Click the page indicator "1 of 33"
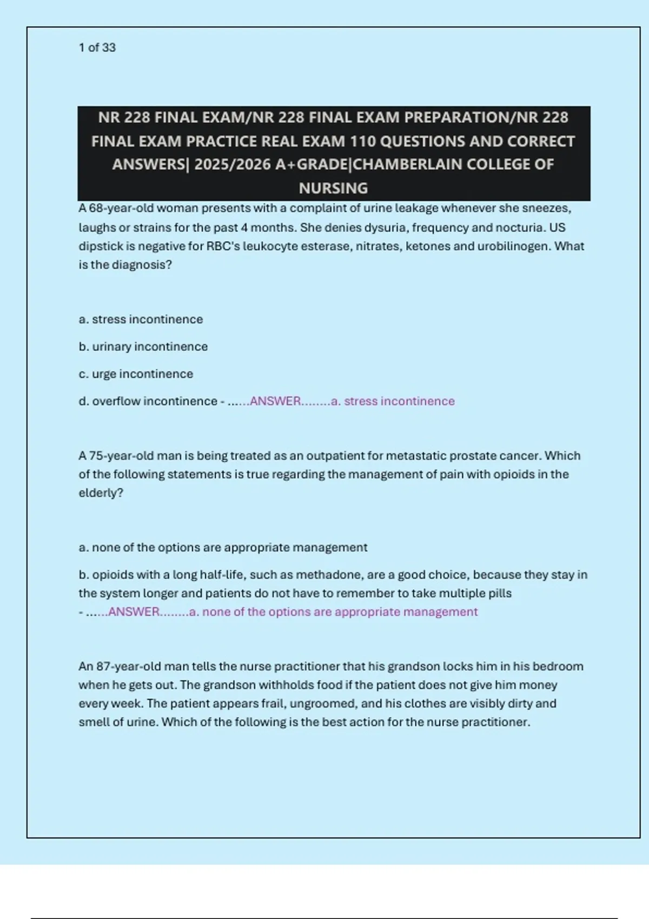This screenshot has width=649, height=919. (97, 48)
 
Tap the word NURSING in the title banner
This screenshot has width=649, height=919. (333, 188)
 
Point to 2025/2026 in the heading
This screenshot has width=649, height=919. (232, 164)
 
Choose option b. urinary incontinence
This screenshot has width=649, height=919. (143, 347)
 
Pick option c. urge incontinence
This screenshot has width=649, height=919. (136, 374)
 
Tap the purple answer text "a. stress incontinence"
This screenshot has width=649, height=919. (393, 401)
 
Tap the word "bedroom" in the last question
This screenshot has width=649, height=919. (560, 666)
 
